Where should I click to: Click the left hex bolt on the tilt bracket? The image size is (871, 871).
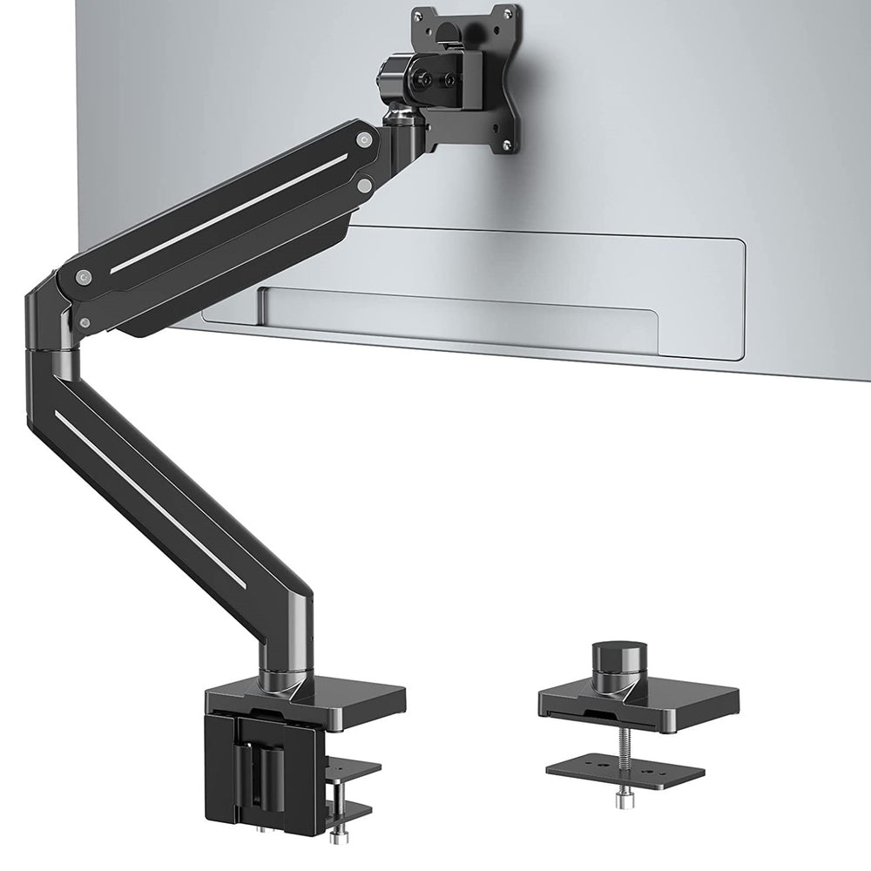click(427, 79)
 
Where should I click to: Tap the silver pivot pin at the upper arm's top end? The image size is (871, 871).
click(361, 136)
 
